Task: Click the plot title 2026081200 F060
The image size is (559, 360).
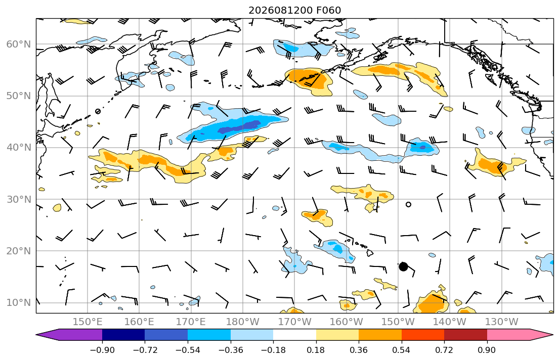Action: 294,10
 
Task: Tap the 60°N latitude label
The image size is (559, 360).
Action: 19,44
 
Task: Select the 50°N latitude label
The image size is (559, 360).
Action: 19,96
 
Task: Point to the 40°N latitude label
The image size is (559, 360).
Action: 19,148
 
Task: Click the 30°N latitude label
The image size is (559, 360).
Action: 19,199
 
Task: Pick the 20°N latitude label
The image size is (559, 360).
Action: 19,251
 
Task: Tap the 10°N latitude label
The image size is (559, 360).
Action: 19,303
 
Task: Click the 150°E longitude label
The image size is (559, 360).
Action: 88,322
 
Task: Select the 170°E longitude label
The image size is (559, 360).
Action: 191,322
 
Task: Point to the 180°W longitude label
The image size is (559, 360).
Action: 243,322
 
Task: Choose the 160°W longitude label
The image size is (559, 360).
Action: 346,322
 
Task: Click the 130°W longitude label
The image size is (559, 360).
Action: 502,322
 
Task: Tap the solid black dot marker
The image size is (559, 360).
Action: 403,266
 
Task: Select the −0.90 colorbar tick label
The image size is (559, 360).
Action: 102,350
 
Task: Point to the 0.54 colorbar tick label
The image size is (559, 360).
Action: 402,350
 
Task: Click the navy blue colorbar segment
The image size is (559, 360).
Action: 123,335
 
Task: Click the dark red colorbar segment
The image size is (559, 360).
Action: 465,335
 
